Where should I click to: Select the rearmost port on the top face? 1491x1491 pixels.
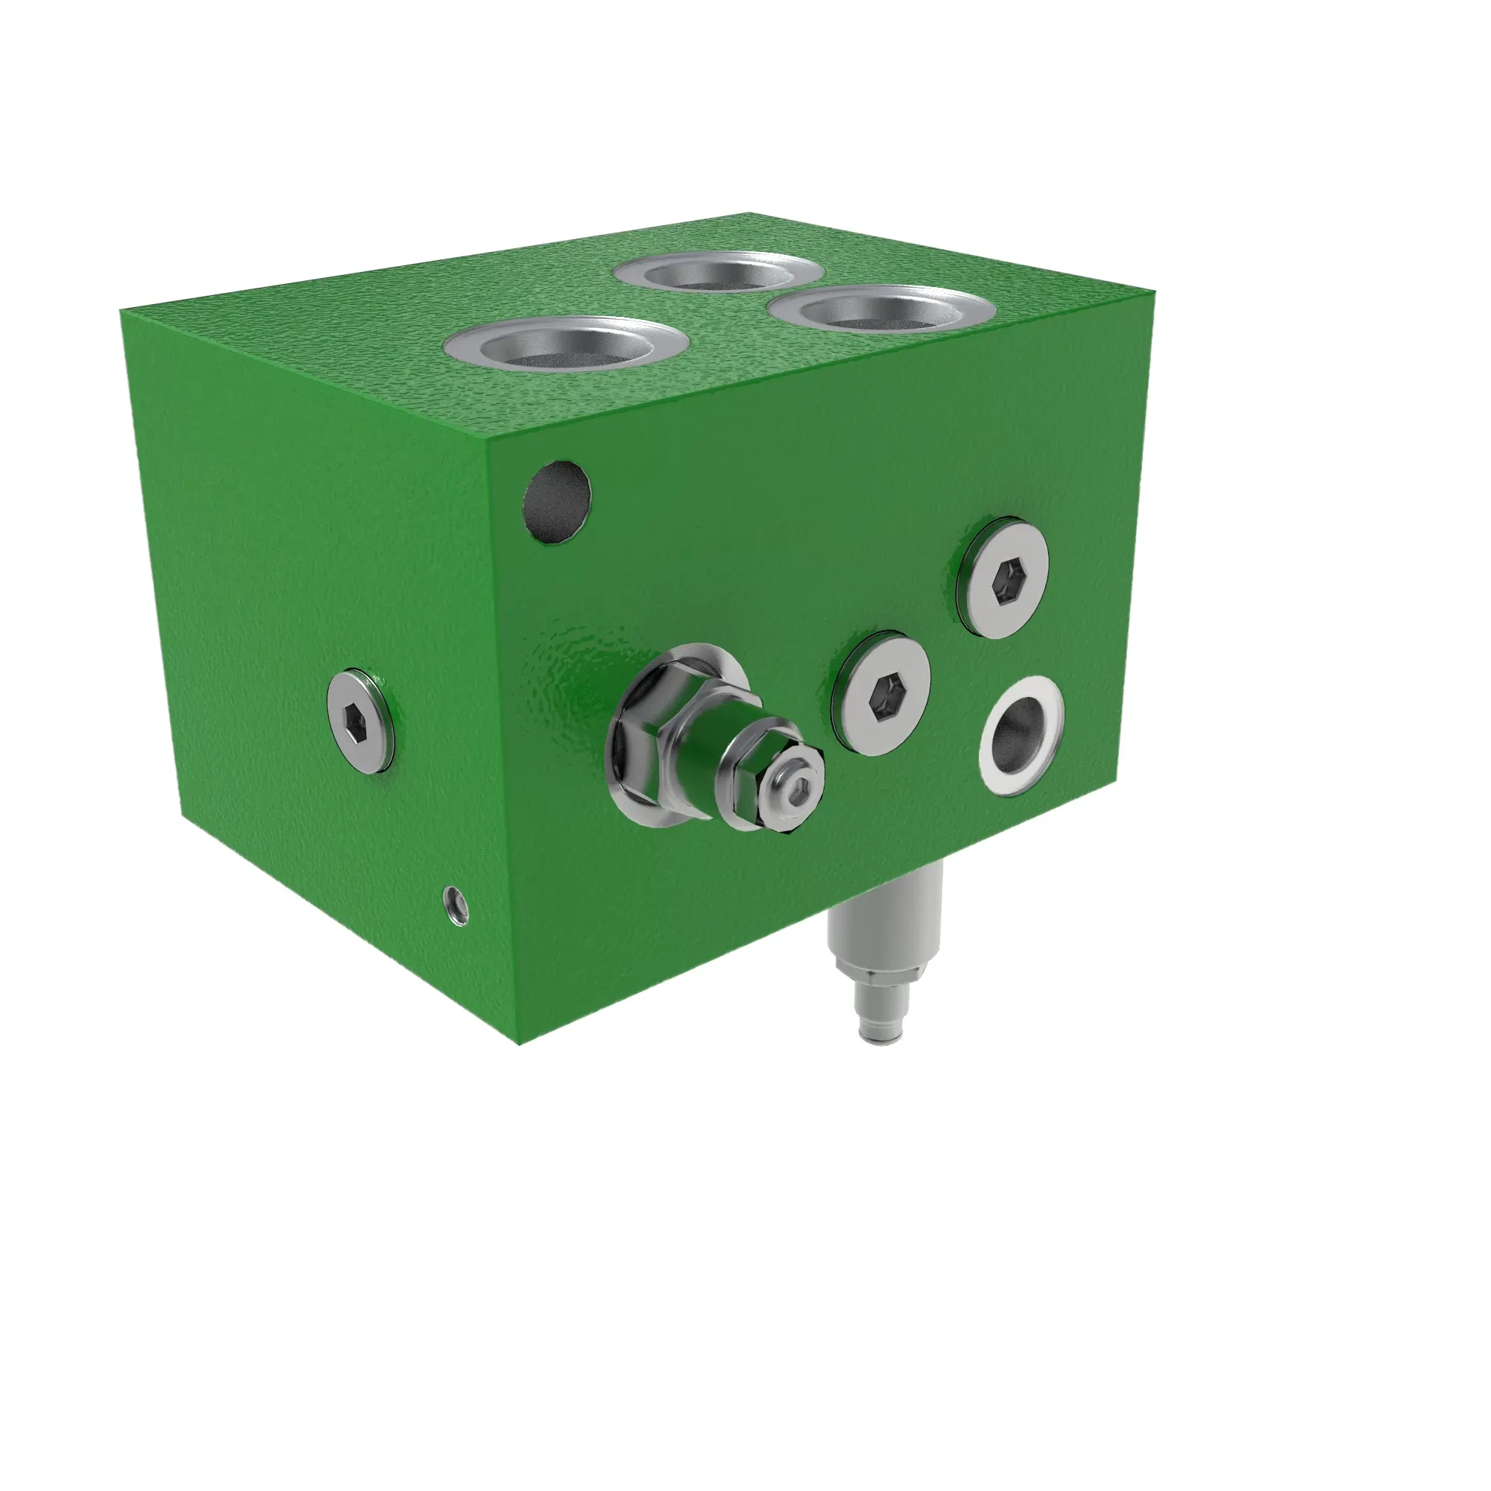click(x=718, y=273)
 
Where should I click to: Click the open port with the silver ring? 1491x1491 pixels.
click(x=1021, y=736)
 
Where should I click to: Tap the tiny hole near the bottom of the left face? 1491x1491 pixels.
click(x=456, y=904)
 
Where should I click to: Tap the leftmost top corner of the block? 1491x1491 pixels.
click(x=122, y=310)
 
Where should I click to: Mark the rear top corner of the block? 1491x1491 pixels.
click(x=748, y=213)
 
